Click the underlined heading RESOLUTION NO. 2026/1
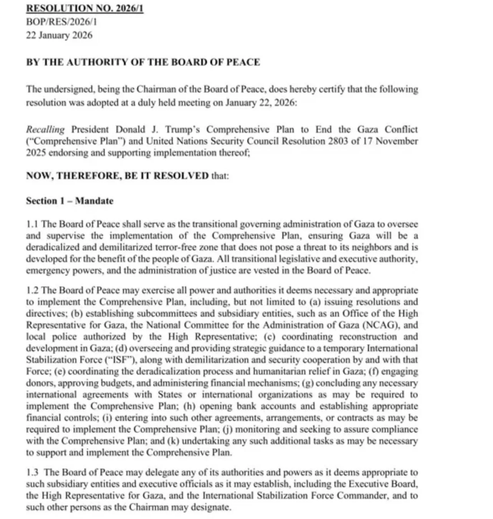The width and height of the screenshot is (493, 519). click(x=84, y=8)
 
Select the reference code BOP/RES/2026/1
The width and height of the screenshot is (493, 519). click(x=61, y=22)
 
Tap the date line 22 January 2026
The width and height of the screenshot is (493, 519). click(x=59, y=35)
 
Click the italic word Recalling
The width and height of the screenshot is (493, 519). click(x=45, y=130)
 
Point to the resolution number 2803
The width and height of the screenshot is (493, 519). click(x=338, y=141)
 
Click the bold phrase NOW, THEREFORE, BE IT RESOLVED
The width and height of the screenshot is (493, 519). click(x=117, y=176)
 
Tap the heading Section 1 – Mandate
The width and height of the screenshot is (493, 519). click(x=69, y=201)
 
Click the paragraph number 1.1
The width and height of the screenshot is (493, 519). click(x=32, y=224)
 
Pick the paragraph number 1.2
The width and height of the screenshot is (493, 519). click(x=32, y=291)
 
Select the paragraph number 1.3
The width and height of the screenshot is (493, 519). click(x=32, y=472)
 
